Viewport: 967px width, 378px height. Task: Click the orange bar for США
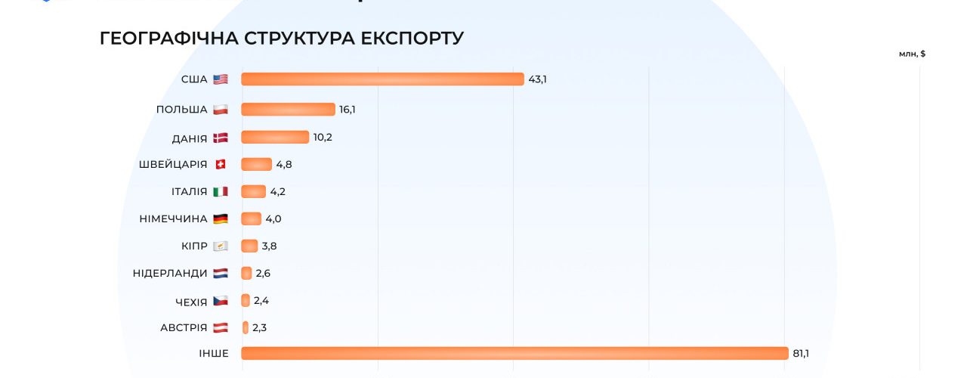[382, 79]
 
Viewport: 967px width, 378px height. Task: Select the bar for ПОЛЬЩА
[288, 110]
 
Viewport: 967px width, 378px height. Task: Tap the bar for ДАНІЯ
[275, 137]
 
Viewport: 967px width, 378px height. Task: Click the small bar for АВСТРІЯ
[246, 327]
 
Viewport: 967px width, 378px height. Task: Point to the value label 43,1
[537, 79]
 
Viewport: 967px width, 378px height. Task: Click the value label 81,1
[802, 353]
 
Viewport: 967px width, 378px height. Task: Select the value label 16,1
[348, 110]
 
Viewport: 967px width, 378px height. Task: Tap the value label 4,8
[284, 164]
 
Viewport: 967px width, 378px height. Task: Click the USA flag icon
[221, 79]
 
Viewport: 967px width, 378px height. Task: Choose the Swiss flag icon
[221, 164]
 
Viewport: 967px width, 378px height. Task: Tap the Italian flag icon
[221, 191]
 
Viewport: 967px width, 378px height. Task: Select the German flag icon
[221, 218]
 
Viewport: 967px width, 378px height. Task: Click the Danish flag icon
[221, 138]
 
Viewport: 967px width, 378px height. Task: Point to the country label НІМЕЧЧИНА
[173, 218]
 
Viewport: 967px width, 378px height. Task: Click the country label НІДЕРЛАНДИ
[170, 273]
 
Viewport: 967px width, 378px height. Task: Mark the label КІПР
[194, 246]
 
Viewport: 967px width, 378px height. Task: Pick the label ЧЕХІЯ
[190, 302]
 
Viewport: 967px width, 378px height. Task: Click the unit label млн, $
[912, 54]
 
